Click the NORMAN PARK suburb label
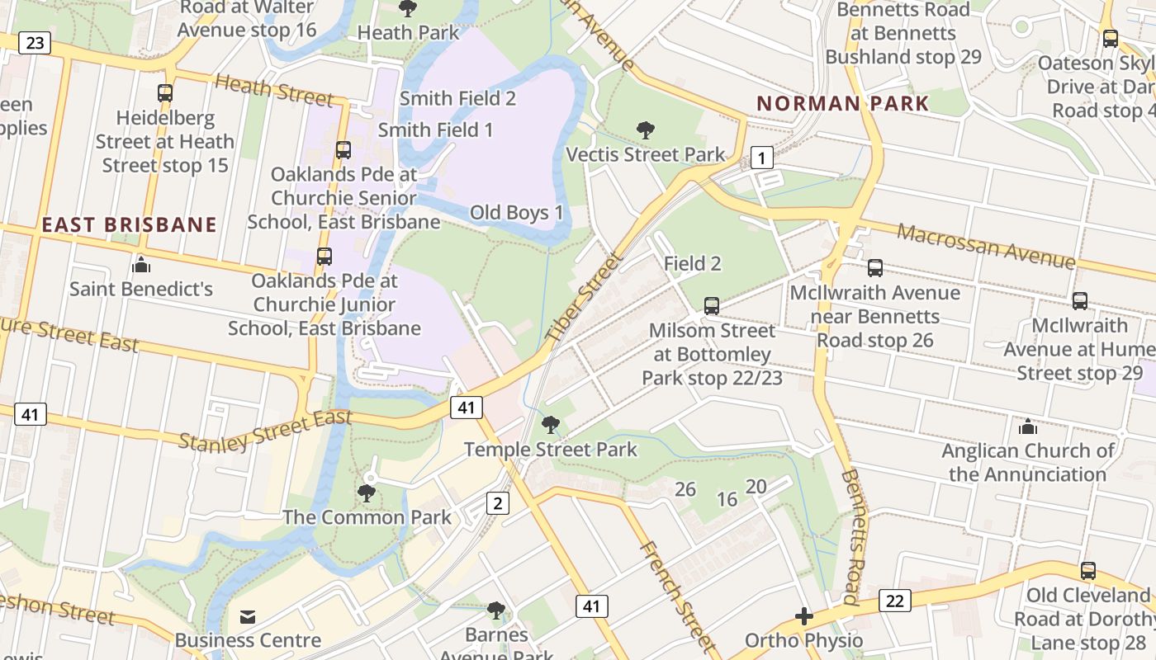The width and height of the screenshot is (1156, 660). pyautogui.click(x=843, y=104)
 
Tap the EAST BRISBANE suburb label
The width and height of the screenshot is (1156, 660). pyautogui.click(x=129, y=224)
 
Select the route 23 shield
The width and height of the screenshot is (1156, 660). pyautogui.click(x=34, y=42)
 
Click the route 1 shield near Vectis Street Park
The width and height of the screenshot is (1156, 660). pyautogui.click(x=761, y=158)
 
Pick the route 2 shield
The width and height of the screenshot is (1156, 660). pyautogui.click(x=497, y=502)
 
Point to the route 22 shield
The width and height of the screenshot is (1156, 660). pyautogui.click(x=895, y=600)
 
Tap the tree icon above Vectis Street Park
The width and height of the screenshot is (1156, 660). pyautogui.click(x=646, y=130)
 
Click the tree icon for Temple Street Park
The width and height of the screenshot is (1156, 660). pyautogui.click(x=550, y=425)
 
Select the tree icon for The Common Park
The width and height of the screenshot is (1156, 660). pyautogui.click(x=367, y=493)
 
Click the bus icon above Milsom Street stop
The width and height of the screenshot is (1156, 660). pyautogui.click(x=712, y=306)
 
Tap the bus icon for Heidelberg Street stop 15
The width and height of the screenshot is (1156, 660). pyautogui.click(x=165, y=93)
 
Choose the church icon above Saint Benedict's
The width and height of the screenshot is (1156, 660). pyautogui.click(x=141, y=265)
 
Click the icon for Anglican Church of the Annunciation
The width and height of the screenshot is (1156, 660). pyautogui.click(x=1027, y=427)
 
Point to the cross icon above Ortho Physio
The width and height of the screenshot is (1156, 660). pyautogui.click(x=803, y=616)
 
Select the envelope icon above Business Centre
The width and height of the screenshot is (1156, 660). pyautogui.click(x=247, y=616)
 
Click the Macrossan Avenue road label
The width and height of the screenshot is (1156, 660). pyautogui.click(x=986, y=245)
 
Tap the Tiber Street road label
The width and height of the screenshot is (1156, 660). pyautogui.click(x=584, y=298)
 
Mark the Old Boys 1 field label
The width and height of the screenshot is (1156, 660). pyautogui.click(x=516, y=213)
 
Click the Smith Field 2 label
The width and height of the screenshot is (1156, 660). pyautogui.click(x=457, y=98)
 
